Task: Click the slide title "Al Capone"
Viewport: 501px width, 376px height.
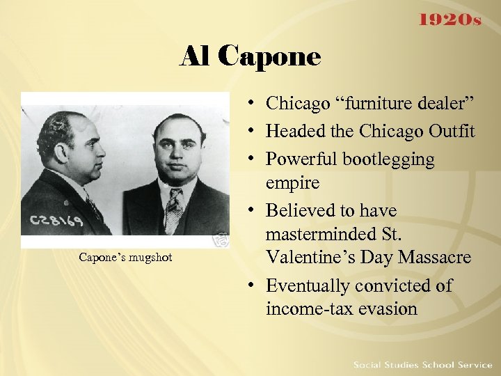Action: pos(250,56)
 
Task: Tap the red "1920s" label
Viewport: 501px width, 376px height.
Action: pos(449,20)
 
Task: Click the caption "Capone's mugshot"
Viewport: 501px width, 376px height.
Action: pos(125,258)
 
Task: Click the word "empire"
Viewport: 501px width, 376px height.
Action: pos(292,182)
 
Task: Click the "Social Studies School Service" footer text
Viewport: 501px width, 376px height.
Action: pos(422,365)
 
